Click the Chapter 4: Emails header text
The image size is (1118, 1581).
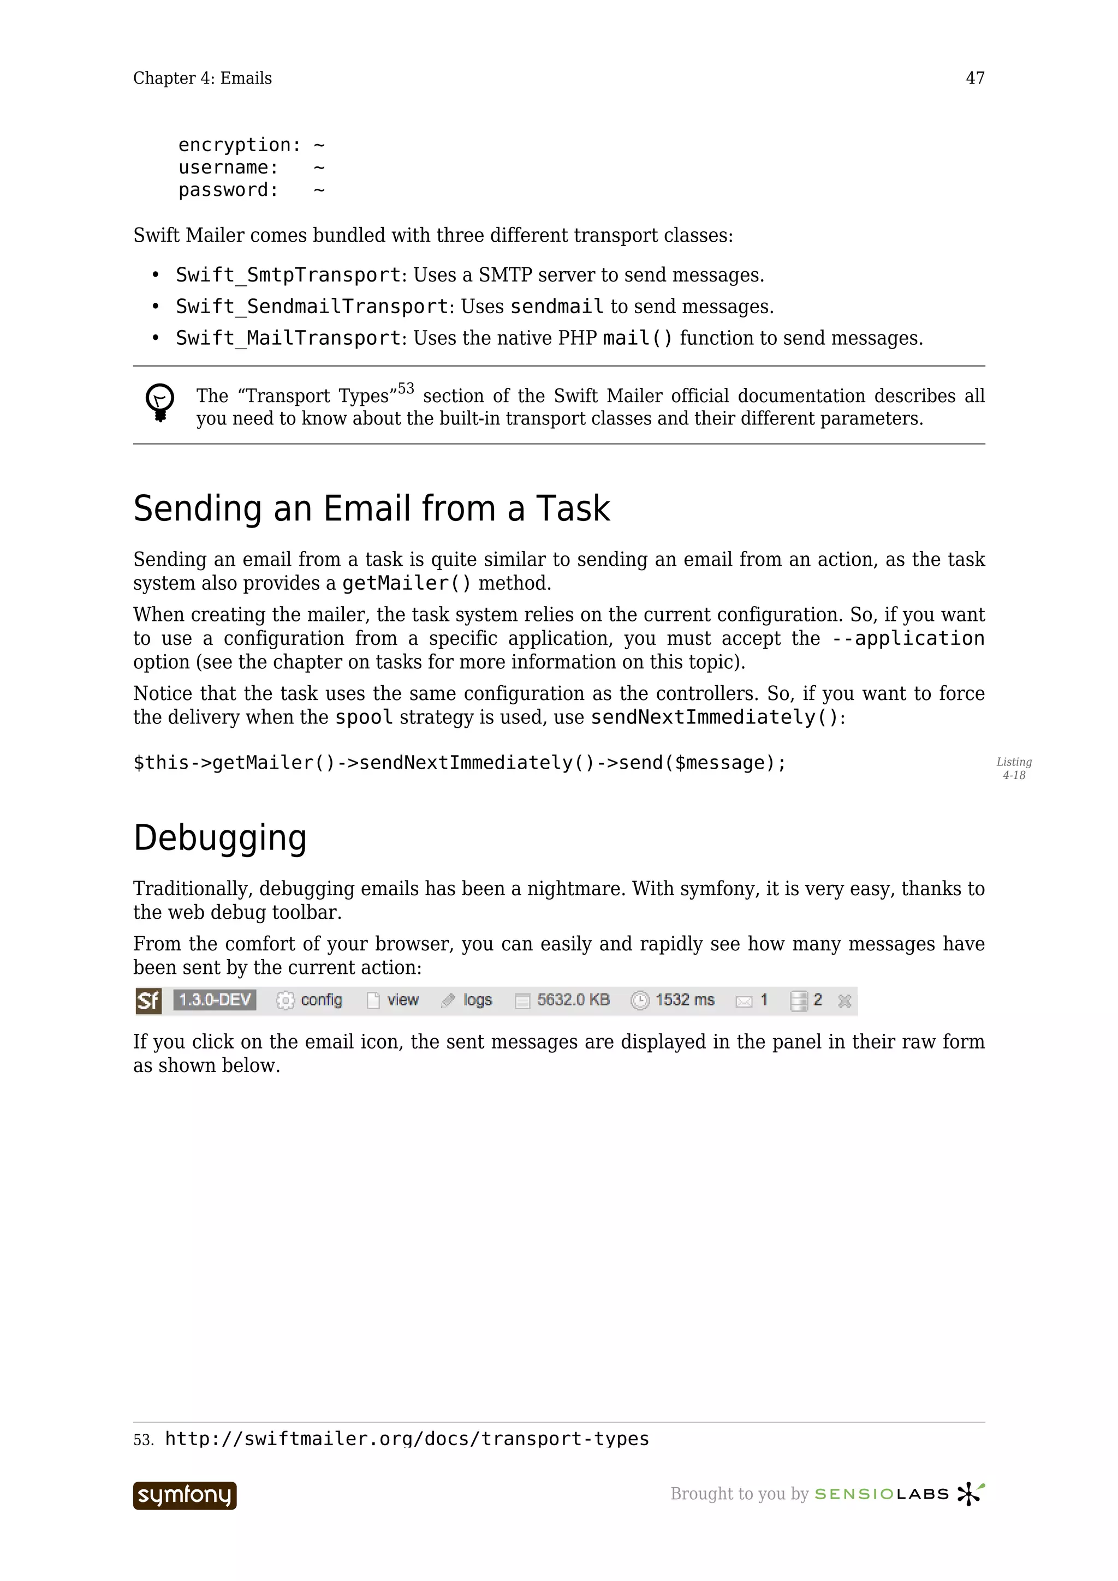point(202,78)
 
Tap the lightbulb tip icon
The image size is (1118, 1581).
point(160,402)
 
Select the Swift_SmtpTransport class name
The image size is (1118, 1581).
point(288,275)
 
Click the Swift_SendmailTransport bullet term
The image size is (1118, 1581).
point(312,307)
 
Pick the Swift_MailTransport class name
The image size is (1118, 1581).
point(288,338)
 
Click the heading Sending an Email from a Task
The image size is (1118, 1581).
point(371,509)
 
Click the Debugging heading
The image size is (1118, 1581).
point(220,838)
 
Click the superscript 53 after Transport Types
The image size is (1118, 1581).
point(406,389)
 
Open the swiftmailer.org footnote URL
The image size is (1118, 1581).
point(406,1439)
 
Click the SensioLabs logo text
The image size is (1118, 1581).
point(881,1494)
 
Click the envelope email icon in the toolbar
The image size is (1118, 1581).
point(744,1001)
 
